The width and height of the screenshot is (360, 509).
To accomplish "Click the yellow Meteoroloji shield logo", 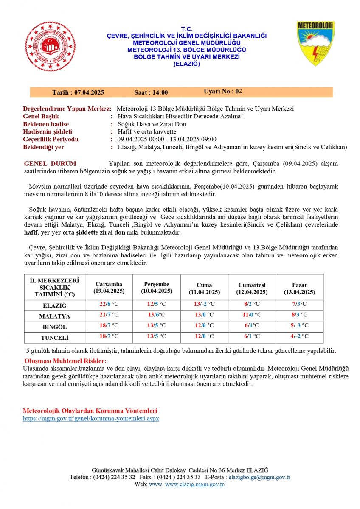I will (x=315, y=44).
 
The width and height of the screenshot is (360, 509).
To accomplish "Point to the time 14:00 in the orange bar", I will (x=160, y=92).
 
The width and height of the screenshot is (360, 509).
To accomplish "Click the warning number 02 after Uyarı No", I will (x=239, y=92).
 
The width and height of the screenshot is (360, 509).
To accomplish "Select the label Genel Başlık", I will (x=41, y=116).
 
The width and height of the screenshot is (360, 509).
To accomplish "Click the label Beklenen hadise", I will (x=46, y=124).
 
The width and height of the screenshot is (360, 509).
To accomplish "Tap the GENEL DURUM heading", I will (x=50, y=164).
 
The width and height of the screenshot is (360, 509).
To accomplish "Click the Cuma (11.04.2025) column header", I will (x=204, y=288).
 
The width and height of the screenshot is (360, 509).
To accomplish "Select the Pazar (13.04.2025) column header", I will (x=299, y=288).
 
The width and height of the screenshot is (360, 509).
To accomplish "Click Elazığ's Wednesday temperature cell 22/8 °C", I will (x=109, y=304).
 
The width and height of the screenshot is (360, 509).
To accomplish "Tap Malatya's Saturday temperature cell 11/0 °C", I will (x=251, y=315).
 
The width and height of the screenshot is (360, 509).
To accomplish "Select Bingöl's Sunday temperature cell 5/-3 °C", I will (x=299, y=326).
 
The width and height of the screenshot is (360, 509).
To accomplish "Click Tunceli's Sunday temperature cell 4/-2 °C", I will (x=299, y=336).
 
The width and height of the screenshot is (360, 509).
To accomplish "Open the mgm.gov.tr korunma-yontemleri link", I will (x=91, y=418).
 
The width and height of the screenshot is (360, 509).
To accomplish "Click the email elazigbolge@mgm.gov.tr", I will (x=259, y=477).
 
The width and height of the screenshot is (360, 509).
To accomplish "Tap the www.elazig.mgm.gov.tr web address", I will (x=195, y=484).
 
